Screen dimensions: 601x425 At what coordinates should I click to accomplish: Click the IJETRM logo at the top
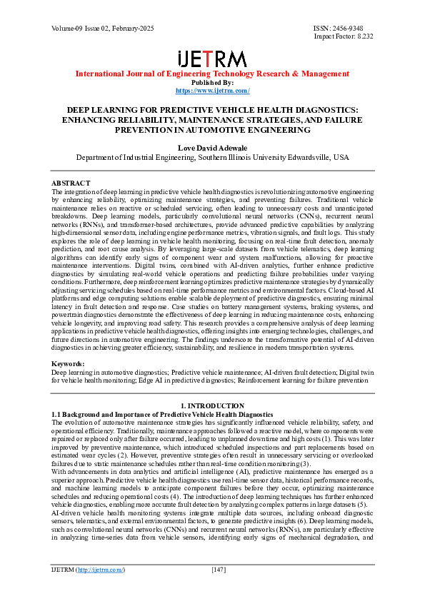tap(212, 59)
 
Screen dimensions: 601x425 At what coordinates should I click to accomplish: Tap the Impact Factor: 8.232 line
tap(344, 36)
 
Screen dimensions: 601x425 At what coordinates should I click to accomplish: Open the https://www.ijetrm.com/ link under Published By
tap(212, 91)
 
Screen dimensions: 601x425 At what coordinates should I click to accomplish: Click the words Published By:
tap(212, 82)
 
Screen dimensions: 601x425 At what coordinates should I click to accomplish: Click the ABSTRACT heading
tap(71, 183)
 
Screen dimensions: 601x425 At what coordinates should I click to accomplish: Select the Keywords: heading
tap(69, 364)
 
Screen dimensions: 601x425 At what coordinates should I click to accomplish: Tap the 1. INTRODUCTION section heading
tap(212, 406)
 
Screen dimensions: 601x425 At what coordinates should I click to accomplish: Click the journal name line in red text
tap(212, 74)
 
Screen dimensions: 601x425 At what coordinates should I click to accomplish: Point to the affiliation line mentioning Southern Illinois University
tap(212, 156)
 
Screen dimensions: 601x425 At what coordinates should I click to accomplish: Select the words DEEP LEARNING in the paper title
tap(101, 111)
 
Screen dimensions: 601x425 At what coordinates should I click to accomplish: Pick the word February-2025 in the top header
tap(129, 27)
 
